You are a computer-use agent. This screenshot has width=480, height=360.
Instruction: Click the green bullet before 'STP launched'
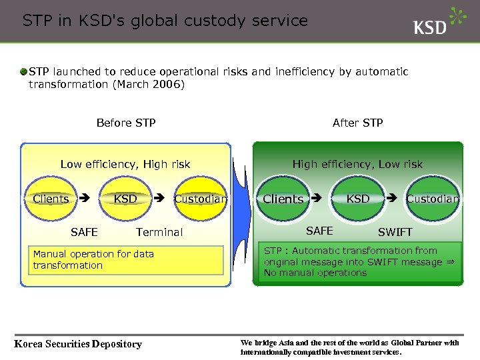tap(23, 71)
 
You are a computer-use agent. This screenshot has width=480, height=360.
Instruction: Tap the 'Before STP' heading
tap(126, 123)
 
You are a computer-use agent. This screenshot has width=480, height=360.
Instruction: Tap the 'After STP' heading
tap(357, 123)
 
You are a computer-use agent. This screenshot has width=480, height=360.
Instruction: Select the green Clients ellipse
tap(283, 199)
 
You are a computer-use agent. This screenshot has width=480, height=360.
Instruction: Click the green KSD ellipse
tap(358, 199)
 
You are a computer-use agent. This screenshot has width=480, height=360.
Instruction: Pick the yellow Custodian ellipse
tap(200, 199)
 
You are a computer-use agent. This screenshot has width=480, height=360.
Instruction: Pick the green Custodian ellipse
tap(433, 199)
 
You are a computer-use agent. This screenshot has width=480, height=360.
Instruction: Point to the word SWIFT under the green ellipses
tap(395, 233)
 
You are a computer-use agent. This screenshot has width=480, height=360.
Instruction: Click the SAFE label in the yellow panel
tap(84, 232)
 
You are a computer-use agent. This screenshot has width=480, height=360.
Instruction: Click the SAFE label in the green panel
tap(319, 231)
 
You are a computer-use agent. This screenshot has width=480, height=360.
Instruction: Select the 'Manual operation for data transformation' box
tap(126, 260)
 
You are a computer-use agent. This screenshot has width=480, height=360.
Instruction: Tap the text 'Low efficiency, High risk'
tap(125, 164)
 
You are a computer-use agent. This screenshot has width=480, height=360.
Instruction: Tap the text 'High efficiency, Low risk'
tap(357, 164)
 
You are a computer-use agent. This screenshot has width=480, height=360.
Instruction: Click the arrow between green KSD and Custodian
tap(392, 198)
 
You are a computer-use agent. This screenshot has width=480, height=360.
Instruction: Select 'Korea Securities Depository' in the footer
tap(78, 344)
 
